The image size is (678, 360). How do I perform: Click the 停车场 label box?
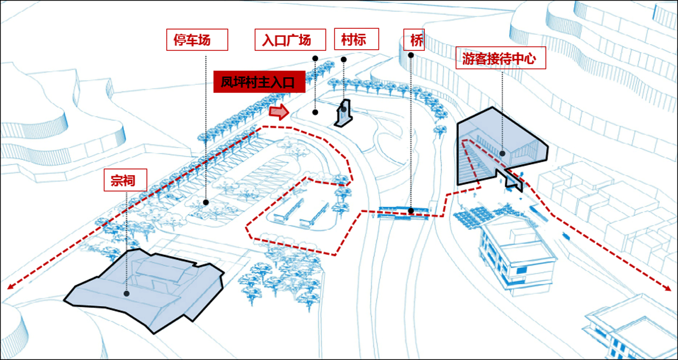tap(197, 41)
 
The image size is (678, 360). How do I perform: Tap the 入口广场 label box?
tap(290, 41)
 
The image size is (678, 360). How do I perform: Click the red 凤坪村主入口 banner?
tap(259, 83)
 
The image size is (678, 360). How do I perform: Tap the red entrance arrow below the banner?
tap(279, 112)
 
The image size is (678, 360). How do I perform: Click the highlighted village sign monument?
tap(344, 113)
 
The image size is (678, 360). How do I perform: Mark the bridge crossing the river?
tap(406, 212)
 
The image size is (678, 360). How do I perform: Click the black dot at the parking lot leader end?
tap(206, 202)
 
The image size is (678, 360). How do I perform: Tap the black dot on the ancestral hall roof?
tap(126, 293)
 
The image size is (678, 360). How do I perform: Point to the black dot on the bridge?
tap(411, 211)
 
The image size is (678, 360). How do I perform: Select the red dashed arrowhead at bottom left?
tap(10, 286)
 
